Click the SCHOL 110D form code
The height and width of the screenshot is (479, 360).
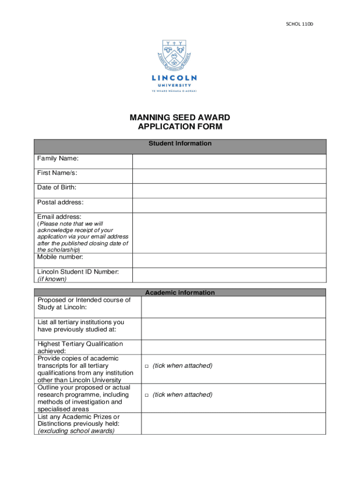(x=300, y=23)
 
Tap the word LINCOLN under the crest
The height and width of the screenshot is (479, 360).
(x=174, y=78)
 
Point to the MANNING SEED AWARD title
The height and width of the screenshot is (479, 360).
(x=180, y=117)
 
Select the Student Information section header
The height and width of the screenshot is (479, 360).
(x=180, y=144)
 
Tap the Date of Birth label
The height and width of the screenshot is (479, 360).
(x=57, y=188)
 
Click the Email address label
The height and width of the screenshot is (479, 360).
(x=59, y=217)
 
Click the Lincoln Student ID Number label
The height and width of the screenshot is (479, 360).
(x=78, y=272)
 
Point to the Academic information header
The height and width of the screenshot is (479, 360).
(x=180, y=292)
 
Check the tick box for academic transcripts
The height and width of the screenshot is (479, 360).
(x=146, y=366)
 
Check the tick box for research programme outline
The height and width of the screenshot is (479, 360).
(x=146, y=395)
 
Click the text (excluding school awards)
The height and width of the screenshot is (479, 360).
(x=76, y=431)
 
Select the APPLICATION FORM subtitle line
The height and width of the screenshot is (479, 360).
(x=180, y=127)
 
